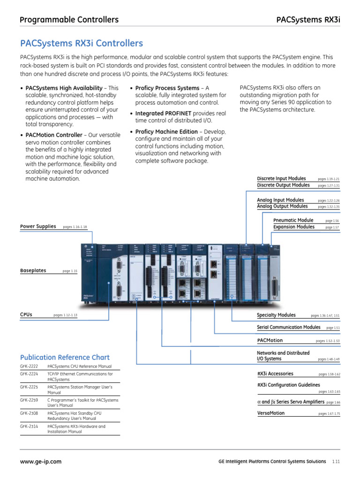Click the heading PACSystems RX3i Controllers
82,44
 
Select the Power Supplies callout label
38,227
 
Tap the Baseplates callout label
33,270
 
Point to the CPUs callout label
26,315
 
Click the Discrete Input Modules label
281,179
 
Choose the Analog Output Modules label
282,206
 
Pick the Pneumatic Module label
293,220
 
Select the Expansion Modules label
294,227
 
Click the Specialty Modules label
276,315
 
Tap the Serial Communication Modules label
289,327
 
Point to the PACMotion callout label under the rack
270,340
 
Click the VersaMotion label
271,413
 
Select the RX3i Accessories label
275,374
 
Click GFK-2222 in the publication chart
29,366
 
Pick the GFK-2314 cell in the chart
29,427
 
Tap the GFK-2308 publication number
29,413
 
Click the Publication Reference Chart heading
65,357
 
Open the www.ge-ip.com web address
41,462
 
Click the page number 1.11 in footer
336,462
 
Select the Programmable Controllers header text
69,20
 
